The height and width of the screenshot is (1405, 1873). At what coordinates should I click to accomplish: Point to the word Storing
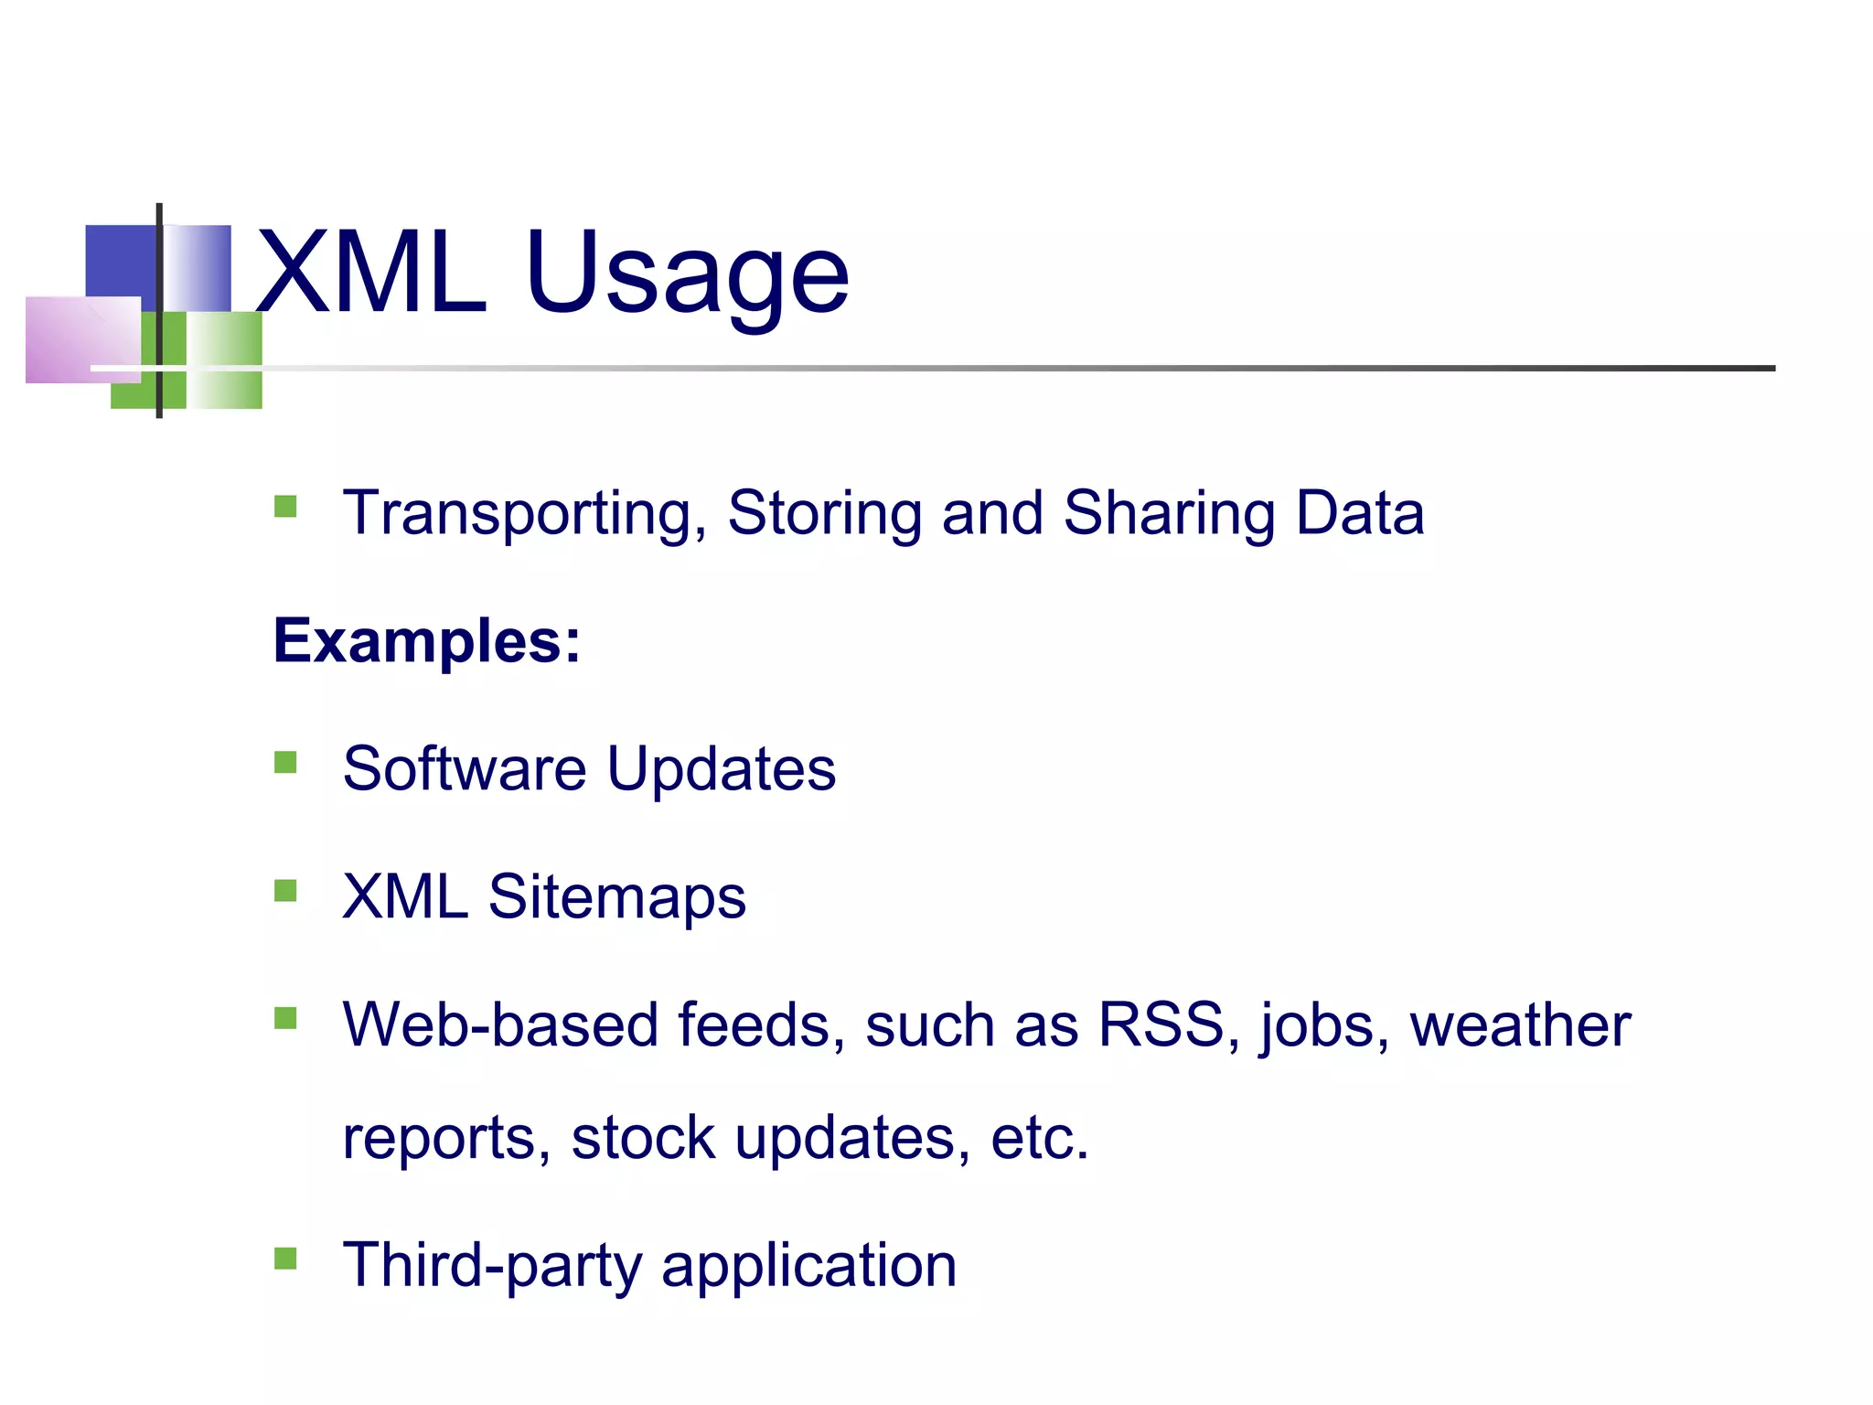(x=823, y=514)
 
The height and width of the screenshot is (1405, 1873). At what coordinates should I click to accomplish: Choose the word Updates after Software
(x=721, y=770)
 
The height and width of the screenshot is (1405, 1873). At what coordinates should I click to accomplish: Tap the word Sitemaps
(x=616, y=898)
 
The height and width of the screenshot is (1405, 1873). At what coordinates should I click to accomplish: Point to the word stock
(x=642, y=1138)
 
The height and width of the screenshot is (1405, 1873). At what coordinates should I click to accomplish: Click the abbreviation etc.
(x=1040, y=1138)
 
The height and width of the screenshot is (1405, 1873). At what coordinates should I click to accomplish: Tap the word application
(x=808, y=1267)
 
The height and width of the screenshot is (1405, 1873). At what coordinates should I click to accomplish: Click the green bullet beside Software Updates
(x=285, y=763)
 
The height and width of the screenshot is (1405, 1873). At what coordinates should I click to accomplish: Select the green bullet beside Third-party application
(x=285, y=1260)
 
